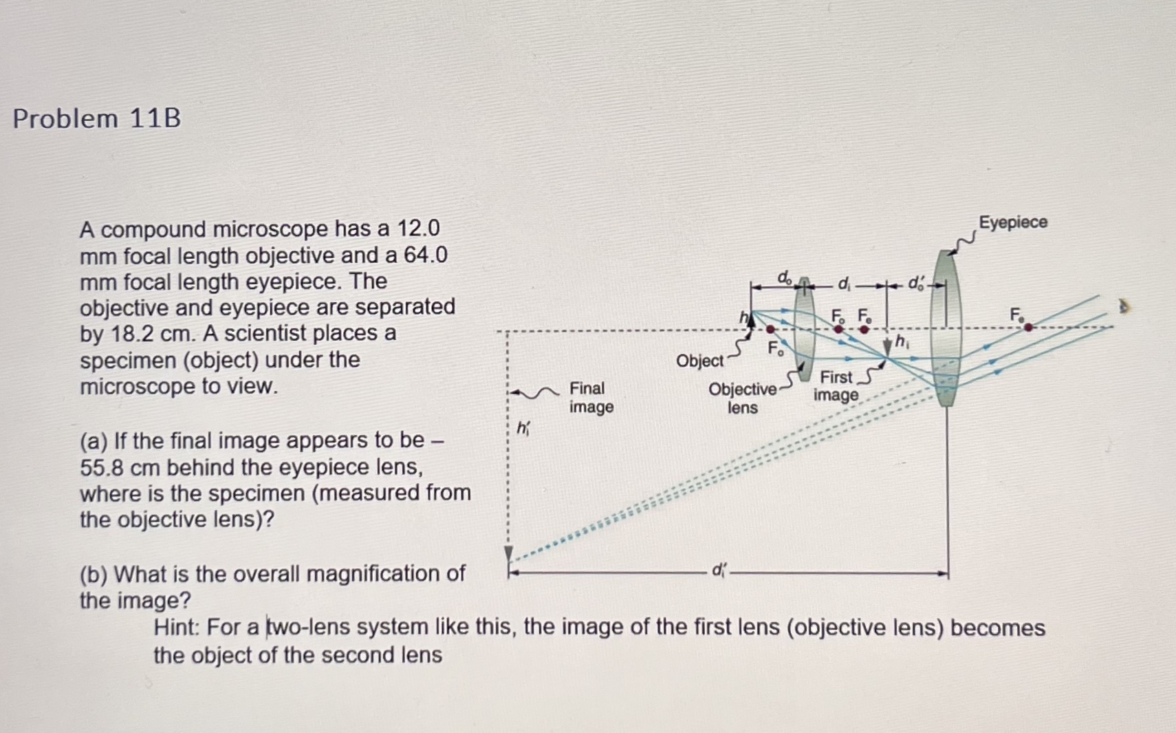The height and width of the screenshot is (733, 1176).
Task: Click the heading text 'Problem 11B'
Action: pyautogui.click(x=97, y=118)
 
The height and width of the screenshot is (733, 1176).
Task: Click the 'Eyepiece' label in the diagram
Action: pyautogui.click(x=1013, y=222)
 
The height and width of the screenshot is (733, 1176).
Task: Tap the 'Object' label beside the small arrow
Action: pyautogui.click(x=699, y=361)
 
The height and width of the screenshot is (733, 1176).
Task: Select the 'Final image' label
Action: pyautogui.click(x=591, y=398)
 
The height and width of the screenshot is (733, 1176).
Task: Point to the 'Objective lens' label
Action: pyautogui.click(x=742, y=398)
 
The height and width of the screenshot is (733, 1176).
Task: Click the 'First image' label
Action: pyautogui.click(x=836, y=386)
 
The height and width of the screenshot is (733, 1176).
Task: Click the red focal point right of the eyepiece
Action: pyautogui.click(x=1028, y=328)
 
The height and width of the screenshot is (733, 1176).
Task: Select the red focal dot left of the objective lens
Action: pyautogui.click(x=770, y=330)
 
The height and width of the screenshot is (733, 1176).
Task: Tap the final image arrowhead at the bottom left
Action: pyautogui.click(x=509, y=553)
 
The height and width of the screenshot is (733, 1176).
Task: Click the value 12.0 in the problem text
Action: pyautogui.click(x=419, y=228)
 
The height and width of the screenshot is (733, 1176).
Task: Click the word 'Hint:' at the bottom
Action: pyautogui.click(x=177, y=628)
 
